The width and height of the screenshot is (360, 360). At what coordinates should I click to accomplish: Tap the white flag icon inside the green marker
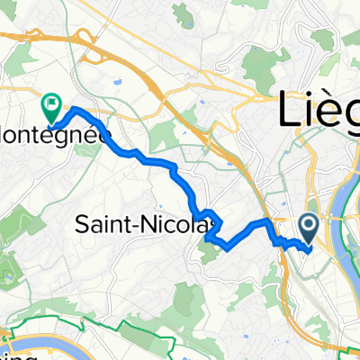click(x=51, y=104)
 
